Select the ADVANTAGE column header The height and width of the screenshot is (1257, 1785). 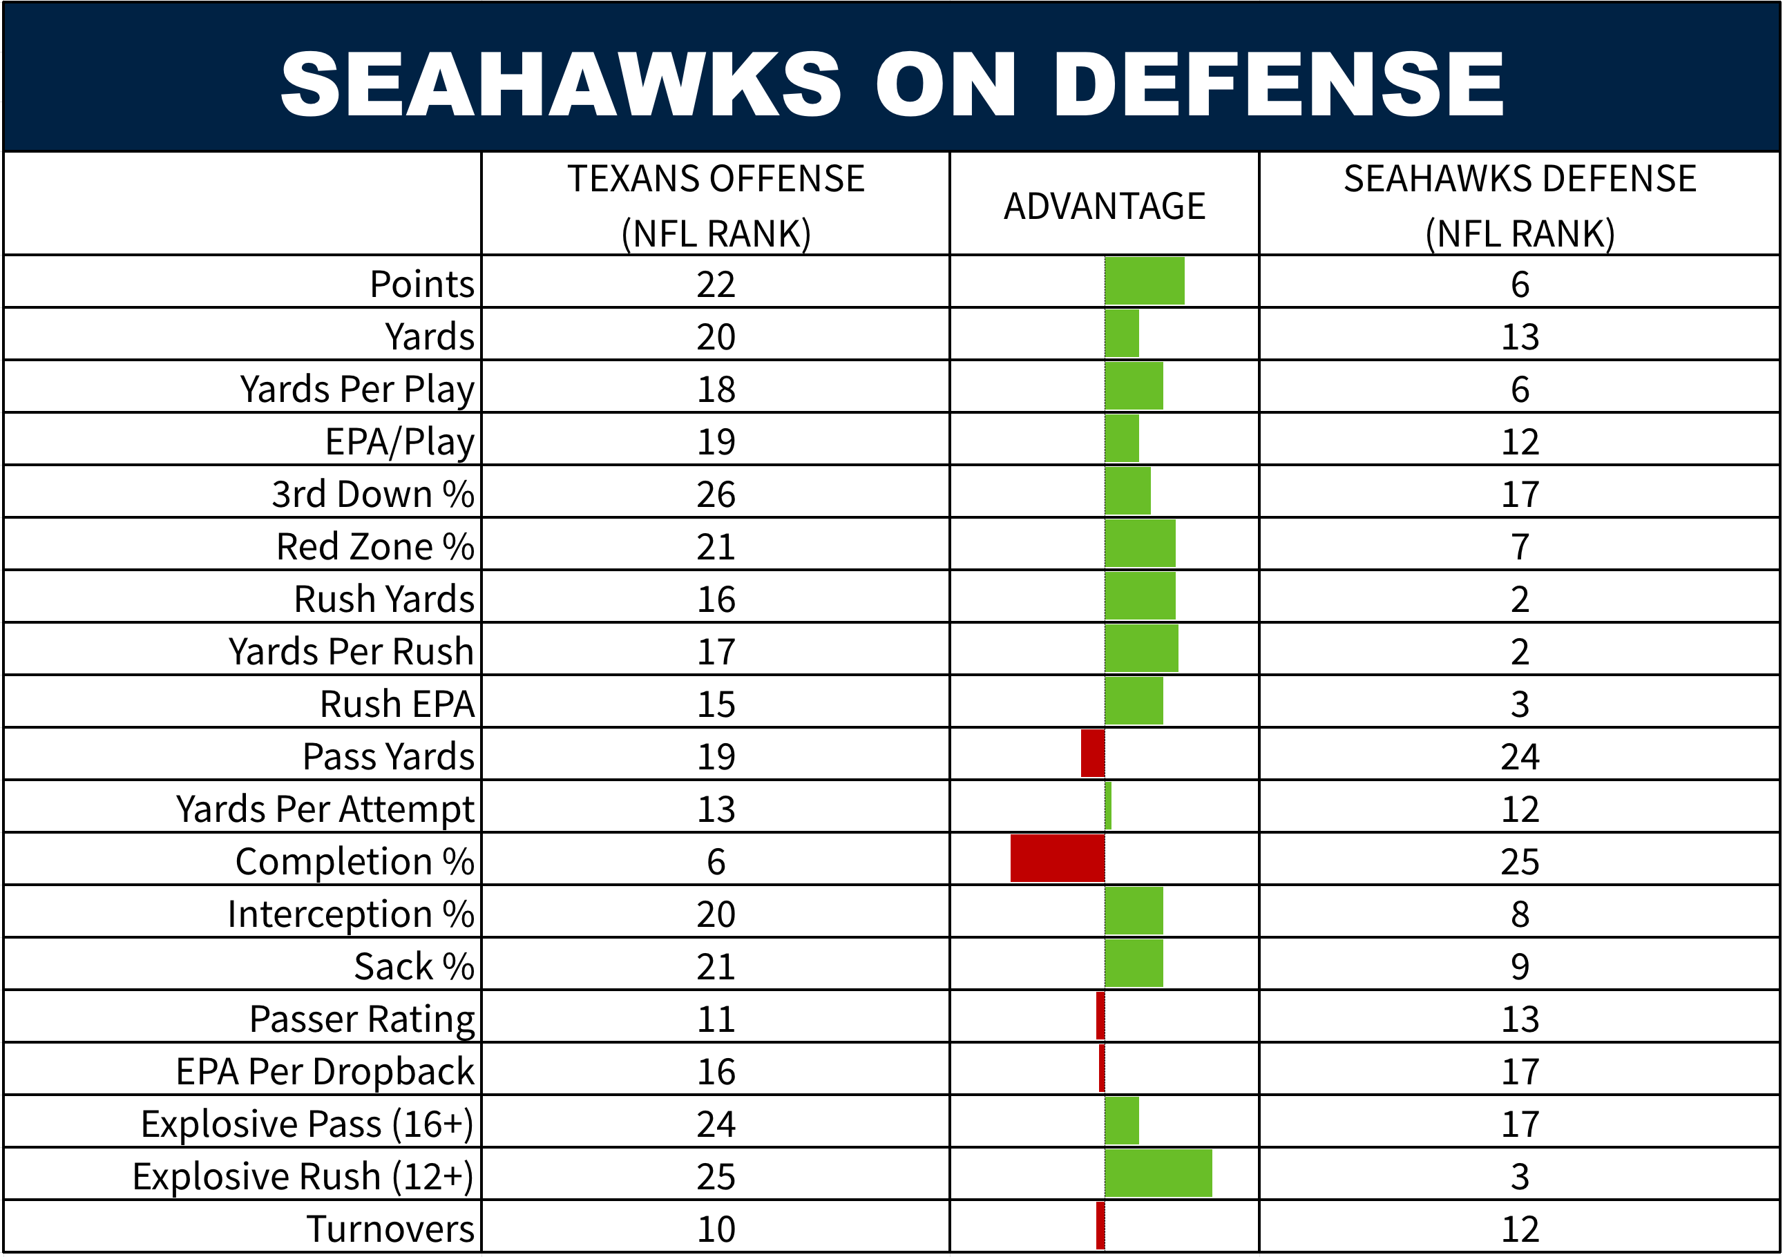click(1104, 206)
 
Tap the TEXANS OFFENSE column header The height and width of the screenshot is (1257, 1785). click(715, 205)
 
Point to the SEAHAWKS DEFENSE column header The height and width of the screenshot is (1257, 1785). click(1519, 205)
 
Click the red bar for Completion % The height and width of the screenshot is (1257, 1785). click(1058, 858)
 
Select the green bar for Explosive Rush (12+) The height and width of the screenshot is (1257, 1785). click(1158, 1173)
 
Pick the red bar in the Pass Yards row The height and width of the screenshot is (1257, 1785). click(1092, 754)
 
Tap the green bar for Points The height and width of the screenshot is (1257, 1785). click(1145, 280)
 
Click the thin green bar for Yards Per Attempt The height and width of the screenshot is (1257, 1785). click(1108, 806)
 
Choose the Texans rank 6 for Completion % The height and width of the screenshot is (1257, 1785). click(715, 861)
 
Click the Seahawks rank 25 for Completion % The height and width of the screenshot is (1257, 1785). click(1519, 861)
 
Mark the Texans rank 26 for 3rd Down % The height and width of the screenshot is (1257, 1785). click(715, 495)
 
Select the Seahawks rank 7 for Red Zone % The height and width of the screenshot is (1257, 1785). click(1519, 546)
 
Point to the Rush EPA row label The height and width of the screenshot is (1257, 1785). click(397, 704)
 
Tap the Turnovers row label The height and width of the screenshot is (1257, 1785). click(390, 1229)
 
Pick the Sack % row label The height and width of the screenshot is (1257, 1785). click(414, 966)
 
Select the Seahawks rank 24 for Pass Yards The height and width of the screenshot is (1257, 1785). click(1519, 756)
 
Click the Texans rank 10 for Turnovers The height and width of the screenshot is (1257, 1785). click(715, 1229)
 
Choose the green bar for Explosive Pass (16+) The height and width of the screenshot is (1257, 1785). click(1122, 1120)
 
